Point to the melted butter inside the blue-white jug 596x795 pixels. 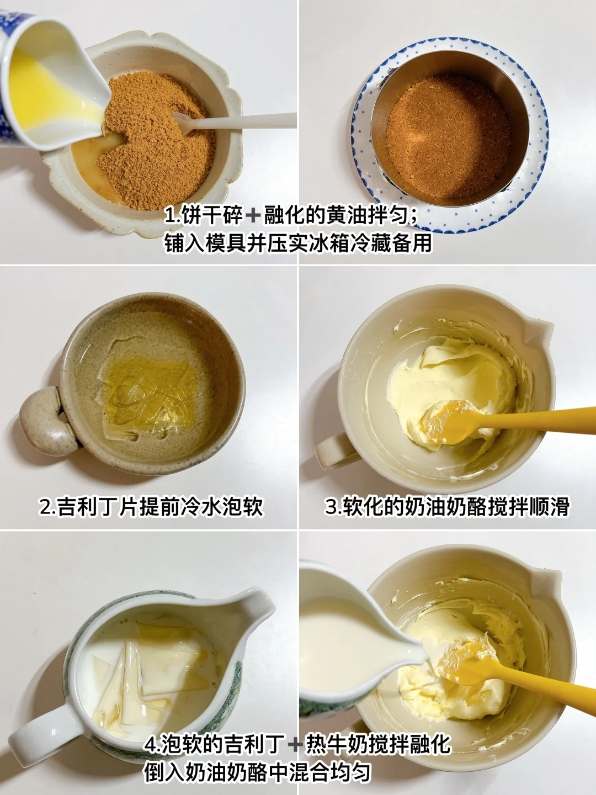(x=47, y=94)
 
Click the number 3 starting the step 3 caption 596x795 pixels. (x=331, y=506)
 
